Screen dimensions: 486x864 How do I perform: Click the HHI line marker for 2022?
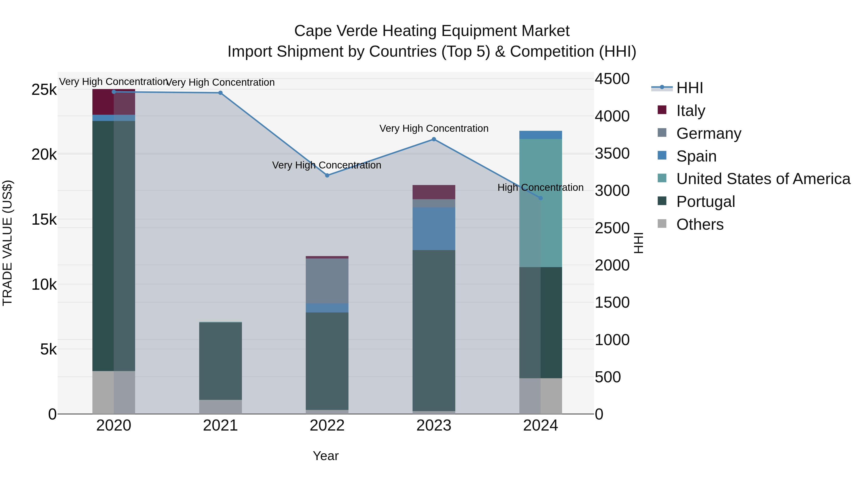tap(327, 175)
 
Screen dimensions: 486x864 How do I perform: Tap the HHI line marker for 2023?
tap(434, 139)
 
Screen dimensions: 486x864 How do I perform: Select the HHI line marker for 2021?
tap(220, 93)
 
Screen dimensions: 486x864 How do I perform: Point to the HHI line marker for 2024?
tap(540, 198)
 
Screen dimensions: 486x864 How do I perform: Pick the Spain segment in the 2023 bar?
tap(434, 228)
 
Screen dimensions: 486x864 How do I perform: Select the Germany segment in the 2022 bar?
tap(327, 281)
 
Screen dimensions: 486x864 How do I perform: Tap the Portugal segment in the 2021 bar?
tap(220, 361)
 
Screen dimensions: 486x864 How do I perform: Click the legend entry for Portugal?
tap(705, 202)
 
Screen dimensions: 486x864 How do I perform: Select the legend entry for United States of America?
tap(763, 179)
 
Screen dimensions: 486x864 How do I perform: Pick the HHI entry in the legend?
tap(689, 88)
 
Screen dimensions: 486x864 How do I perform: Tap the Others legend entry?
tap(700, 224)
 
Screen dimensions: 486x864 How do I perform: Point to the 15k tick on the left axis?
tap(44, 220)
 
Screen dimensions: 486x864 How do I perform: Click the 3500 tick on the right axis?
tap(612, 154)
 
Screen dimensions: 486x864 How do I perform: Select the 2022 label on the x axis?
tap(327, 426)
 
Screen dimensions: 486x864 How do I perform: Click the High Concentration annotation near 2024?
tap(540, 187)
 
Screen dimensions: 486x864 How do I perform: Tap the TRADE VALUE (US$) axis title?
tap(8, 243)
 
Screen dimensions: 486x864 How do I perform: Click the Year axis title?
tap(325, 456)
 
